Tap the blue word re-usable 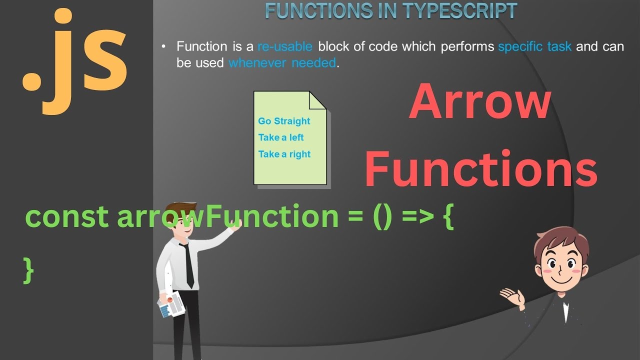(285, 47)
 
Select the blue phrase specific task (535, 47)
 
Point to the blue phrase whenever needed (282, 63)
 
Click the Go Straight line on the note (284, 121)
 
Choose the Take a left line (281, 137)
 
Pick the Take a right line (284, 154)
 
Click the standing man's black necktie (188, 265)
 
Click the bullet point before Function (163, 47)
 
